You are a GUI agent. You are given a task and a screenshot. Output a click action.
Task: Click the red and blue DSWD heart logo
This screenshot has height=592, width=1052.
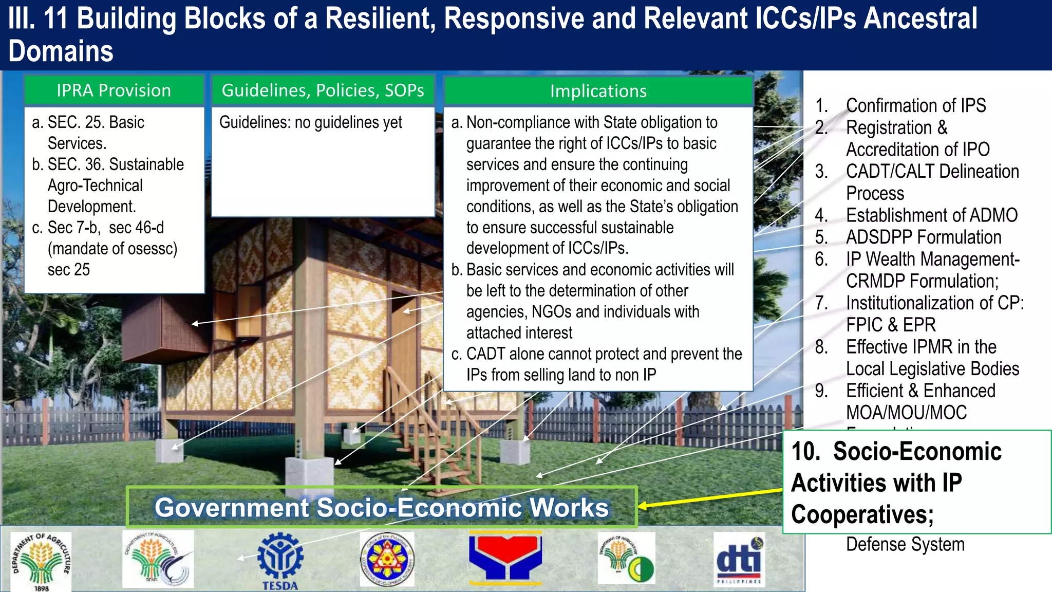(x=505, y=558)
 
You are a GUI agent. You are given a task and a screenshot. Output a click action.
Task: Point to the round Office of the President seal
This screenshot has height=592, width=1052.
(x=387, y=559)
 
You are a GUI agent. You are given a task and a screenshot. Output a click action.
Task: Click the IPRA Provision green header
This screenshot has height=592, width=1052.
(x=114, y=90)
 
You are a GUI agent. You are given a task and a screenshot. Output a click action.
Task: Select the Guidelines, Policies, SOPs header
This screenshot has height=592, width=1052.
(x=323, y=90)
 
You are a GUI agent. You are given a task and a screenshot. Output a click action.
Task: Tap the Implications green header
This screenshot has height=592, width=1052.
(x=598, y=91)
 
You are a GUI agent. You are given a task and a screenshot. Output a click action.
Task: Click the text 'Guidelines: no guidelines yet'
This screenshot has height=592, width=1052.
(x=310, y=122)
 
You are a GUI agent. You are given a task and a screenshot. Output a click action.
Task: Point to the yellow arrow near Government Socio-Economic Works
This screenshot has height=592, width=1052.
(x=709, y=498)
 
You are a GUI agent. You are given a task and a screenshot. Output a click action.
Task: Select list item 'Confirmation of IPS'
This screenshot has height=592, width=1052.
(x=915, y=105)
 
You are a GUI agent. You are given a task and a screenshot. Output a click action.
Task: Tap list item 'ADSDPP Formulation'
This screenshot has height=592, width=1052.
(x=923, y=237)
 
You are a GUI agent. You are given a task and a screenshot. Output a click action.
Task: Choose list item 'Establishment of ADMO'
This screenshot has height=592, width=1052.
(x=931, y=215)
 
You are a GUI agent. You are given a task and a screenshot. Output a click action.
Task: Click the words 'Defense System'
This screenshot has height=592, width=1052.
(x=905, y=544)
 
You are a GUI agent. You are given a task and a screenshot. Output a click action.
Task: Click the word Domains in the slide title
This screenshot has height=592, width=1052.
(x=61, y=51)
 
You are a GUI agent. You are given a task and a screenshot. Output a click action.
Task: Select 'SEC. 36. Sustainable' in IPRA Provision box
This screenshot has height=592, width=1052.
(x=115, y=164)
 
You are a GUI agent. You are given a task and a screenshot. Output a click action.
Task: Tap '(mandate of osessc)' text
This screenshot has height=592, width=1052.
(x=112, y=249)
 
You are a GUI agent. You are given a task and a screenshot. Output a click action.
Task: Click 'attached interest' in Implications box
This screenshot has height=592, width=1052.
(x=519, y=333)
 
